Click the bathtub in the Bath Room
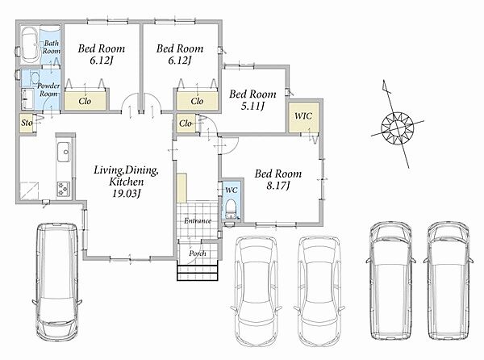[30, 44]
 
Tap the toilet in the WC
[231, 209]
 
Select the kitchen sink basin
[64, 152]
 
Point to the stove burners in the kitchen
[63, 189]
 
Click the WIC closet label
[303, 116]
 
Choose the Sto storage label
[27, 123]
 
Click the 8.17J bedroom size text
[278, 186]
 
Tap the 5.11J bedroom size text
[252, 107]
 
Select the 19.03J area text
[127, 194]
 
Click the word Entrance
[198, 220]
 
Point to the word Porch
[198, 253]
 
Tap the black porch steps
[198, 270]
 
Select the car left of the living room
[57, 281]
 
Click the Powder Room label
[48, 90]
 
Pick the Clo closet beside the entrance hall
[186, 123]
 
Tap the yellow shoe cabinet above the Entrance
[181, 188]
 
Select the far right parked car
[449, 281]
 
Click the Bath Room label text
[52, 48]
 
